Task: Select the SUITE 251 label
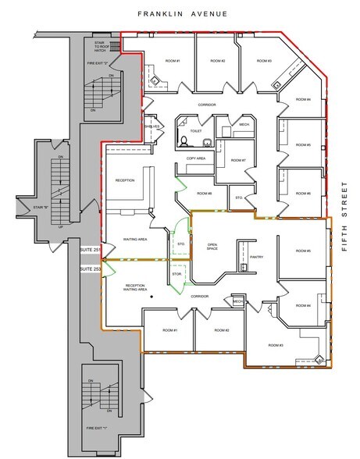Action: click(91, 250)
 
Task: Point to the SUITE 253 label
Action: click(91, 269)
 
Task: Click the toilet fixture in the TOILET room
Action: click(182, 141)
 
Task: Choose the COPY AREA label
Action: click(195, 158)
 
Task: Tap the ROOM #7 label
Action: click(238, 161)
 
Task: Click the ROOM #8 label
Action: click(205, 193)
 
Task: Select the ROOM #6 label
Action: click(303, 193)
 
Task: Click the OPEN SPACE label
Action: click(212, 247)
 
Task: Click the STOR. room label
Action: click(176, 274)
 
